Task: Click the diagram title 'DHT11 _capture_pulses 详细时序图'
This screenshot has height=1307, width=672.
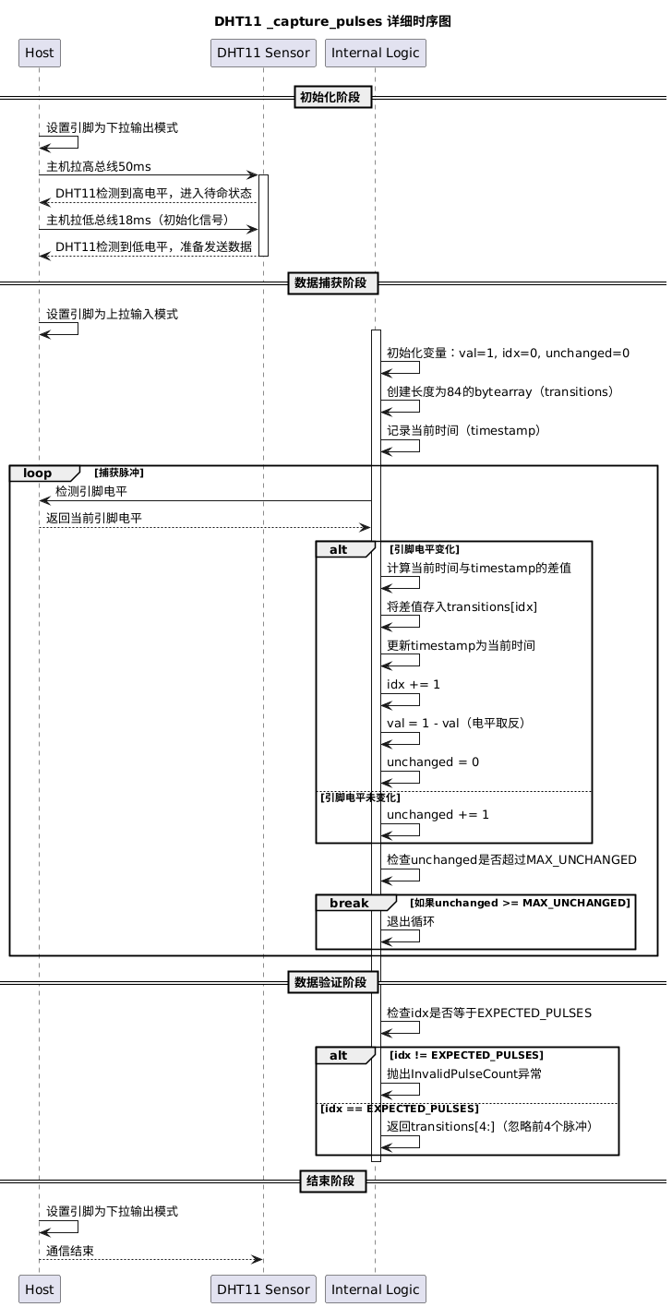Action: click(x=332, y=21)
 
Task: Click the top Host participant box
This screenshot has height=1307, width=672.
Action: click(x=40, y=54)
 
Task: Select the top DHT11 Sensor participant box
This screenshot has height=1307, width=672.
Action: click(x=263, y=54)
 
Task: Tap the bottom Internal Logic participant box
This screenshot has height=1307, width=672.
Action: click(x=375, y=1289)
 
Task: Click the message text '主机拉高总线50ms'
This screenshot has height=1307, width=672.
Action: click(x=99, y=167)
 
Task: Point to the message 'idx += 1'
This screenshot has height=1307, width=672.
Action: click(x=413, y=685)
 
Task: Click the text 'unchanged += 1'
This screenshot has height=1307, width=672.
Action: click(x=438, y=814)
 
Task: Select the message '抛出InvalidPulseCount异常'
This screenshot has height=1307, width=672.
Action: click(x=463, y=1073)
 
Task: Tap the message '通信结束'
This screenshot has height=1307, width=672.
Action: click(x=70, y=1251)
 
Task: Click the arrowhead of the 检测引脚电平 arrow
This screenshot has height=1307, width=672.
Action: click(x=44, y=500)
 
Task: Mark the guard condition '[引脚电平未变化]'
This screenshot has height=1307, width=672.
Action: click(x=360, y=797)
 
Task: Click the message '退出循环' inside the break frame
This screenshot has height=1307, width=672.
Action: click(x=410, y=921)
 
